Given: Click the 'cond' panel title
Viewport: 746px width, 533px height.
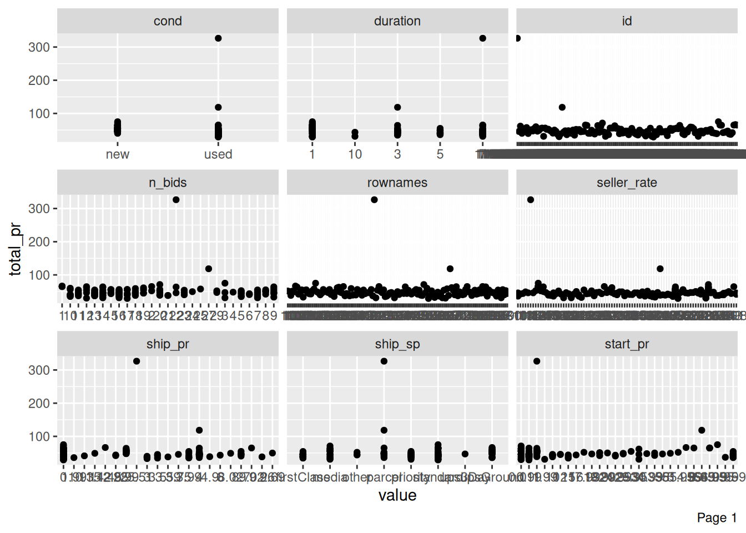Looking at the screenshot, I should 168,21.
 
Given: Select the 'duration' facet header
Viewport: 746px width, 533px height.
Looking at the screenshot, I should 397,21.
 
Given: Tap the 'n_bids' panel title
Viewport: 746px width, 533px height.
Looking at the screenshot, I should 168,183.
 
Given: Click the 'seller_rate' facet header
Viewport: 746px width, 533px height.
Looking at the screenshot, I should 627,183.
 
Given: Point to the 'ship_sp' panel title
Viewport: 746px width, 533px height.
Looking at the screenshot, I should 397,344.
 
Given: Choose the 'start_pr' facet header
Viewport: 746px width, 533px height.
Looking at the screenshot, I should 627,344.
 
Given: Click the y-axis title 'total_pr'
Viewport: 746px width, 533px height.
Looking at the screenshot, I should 16,249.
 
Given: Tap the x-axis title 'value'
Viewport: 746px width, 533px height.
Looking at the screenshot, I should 397,495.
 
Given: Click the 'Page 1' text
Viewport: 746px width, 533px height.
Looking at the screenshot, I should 717,518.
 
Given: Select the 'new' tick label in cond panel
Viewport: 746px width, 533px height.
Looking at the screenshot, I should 118,154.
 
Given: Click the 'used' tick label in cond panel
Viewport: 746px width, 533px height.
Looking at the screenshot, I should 218,154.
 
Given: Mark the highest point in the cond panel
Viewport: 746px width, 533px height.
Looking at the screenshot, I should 218,38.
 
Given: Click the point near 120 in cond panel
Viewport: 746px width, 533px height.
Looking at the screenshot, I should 218,107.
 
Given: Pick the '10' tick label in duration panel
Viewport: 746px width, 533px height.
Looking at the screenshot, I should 355,154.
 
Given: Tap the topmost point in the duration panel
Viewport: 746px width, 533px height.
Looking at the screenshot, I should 482,38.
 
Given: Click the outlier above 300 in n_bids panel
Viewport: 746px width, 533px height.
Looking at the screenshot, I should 176,200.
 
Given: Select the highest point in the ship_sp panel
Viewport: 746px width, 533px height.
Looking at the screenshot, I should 384,361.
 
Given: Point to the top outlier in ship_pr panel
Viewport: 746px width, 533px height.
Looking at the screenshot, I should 137,361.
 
